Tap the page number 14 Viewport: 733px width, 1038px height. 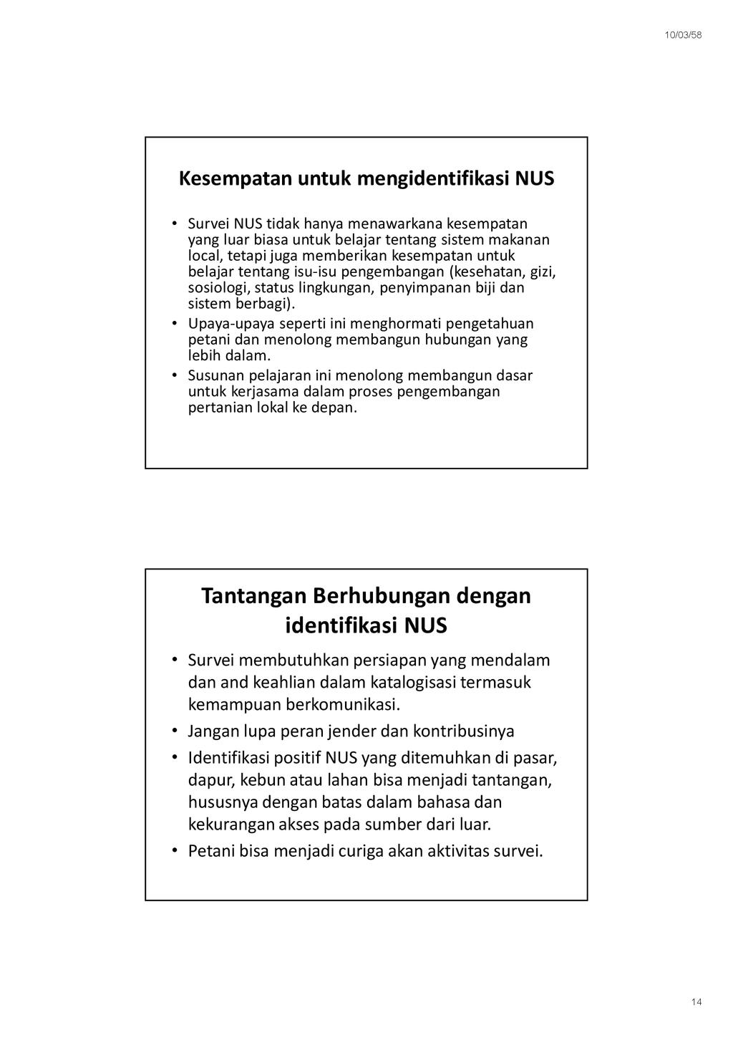point(696,1001)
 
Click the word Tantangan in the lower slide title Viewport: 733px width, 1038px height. point(253,595)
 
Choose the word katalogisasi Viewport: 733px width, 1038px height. point(402,682)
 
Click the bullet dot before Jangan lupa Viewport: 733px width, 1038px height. point(175,731)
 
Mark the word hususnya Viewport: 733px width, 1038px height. point(223,802)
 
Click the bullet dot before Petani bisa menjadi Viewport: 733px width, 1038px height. point(175,851)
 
